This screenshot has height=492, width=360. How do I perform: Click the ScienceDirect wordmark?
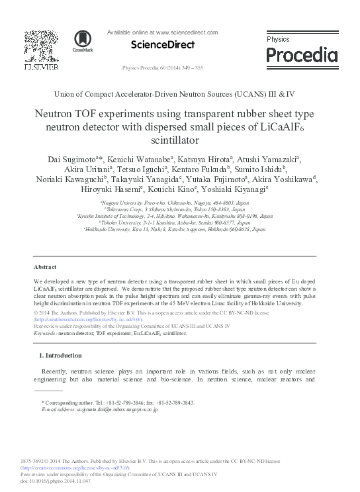(x=163, y=44)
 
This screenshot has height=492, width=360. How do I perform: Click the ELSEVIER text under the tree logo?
(x=41, y=67)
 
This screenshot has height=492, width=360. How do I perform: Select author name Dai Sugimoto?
(x=69, y=159)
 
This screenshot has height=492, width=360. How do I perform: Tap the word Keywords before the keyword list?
(x=45, y=334)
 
